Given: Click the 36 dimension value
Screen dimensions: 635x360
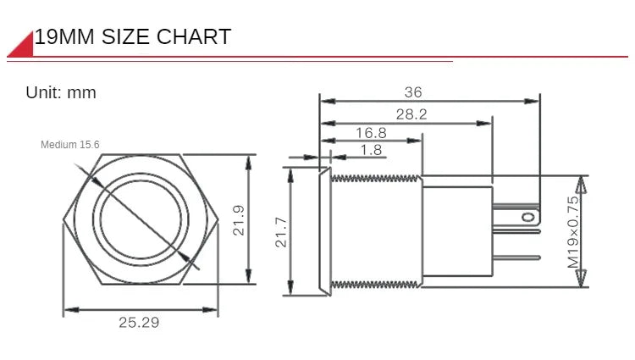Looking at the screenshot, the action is coord(413,92).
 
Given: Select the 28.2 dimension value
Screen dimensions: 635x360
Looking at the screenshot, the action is coord(411,114).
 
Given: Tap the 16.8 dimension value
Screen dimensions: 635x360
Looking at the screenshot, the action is coord(371,133).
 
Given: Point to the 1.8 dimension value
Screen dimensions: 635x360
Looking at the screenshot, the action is coord(372,150).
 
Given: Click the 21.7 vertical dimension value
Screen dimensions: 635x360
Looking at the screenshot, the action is coord(281,232).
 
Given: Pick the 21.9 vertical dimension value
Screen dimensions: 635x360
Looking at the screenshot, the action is coord(239,220).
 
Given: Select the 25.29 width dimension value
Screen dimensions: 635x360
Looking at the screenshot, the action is coord(139,323).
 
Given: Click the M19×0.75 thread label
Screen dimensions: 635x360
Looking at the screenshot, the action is coord(573,232).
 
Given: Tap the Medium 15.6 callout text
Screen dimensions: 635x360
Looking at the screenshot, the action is coord(70,145).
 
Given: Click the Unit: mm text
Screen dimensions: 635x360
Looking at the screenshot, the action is coord(61,92).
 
